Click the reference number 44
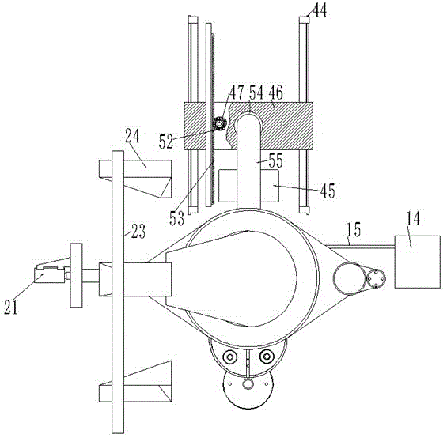tap(320, 10)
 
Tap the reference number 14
tap(413, 219)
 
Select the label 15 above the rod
tap(354, 230)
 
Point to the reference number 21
tap(11, 308)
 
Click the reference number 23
tap(138, 232)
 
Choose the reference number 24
tap(132, 136)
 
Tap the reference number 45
tap(328, 191)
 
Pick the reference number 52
tap(166, 142)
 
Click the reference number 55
tap(275, 160)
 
